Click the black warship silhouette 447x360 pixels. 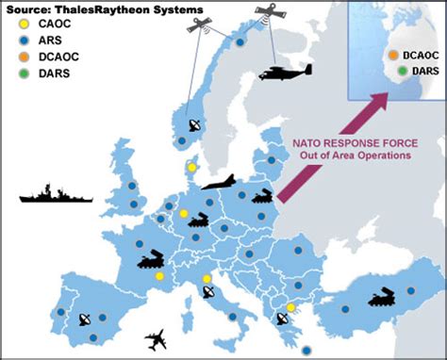click(56, 197)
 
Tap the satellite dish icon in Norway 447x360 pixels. click(194, 125)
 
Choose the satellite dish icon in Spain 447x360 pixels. click(83, 319)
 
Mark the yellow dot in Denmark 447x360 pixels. click(192, 167)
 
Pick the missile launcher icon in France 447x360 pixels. click(153, 258)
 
